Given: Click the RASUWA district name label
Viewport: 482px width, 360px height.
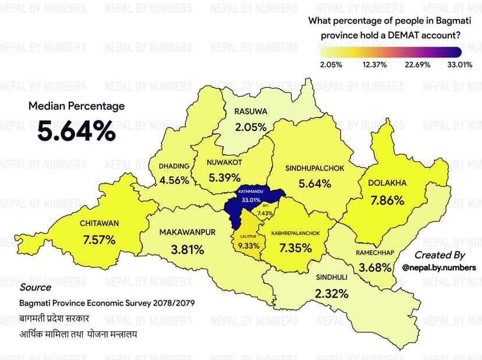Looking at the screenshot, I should coord(250,111).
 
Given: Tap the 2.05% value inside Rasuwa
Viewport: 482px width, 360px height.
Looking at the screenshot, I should coord(251,126).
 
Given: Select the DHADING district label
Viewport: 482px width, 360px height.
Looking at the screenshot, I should coord(174,165).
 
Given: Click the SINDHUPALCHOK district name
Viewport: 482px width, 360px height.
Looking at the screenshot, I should coord(314,168).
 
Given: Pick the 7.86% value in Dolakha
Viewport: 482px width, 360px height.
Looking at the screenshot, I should coord(387,200).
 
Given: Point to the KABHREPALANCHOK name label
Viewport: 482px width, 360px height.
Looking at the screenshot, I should coord(295,233).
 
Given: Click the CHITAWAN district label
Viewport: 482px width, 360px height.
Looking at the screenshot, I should coord(99,223).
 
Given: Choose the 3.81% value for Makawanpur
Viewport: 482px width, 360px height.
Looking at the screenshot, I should coord(187,250).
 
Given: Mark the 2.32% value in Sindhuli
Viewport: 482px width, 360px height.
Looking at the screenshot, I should coord(331,294).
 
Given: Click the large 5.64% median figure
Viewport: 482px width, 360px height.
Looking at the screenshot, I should coord(76,131).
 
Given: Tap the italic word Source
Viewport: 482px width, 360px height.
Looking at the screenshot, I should coord(35,287).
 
